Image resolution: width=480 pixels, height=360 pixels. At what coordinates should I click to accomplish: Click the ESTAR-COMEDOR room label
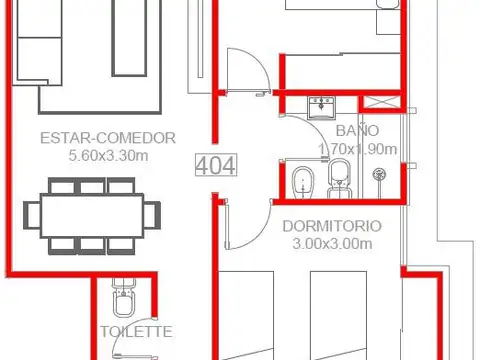coord(108,138)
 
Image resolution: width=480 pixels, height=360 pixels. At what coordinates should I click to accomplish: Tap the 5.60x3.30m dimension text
coord(108,156)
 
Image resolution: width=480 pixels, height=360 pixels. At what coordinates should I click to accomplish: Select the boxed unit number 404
coord(216,165)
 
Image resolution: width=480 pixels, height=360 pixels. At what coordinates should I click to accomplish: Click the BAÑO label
coord(357,129)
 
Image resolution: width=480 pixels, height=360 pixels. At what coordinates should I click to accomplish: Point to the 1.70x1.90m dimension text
coord(358,149)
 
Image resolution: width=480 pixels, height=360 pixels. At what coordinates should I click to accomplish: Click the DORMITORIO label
coord(332,226)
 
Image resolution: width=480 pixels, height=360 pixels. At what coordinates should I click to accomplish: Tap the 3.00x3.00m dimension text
coord(332,244)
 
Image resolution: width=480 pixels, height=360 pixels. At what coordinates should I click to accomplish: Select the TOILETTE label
coord(137,332)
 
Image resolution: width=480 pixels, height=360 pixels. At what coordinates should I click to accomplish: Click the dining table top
coord(92,216)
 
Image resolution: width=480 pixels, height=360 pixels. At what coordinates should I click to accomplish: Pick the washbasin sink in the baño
coord(321,107)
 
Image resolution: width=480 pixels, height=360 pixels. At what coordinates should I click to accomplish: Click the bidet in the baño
coord(303,182)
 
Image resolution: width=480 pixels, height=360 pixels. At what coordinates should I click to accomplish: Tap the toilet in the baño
coord(340,179)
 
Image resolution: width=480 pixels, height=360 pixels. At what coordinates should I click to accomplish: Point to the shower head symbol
coord(379,174)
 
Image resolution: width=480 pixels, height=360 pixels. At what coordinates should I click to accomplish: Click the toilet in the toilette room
coord(124,297)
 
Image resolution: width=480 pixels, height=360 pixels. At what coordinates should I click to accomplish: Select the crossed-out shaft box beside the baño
coord(381,102)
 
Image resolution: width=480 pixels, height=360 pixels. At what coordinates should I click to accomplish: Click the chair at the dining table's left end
coord(32,216)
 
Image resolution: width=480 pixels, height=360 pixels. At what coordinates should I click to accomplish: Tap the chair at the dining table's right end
coord(152,216)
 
